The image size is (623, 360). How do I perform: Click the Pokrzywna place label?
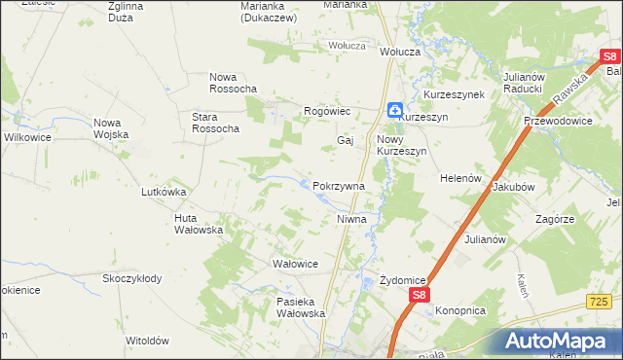(338, 186)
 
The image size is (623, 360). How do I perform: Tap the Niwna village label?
(351, 219)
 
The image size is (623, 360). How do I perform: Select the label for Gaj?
(344, 140)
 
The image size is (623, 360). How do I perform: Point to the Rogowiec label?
(326, 112)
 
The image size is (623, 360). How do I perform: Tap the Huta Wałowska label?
(199, 224)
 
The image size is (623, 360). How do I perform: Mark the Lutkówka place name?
(164, 192)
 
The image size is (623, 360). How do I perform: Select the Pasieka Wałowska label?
(300, 307)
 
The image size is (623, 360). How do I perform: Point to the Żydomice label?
(404, 279)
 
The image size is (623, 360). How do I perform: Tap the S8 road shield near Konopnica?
(418, 294)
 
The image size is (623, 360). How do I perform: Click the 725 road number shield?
(602, 303)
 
